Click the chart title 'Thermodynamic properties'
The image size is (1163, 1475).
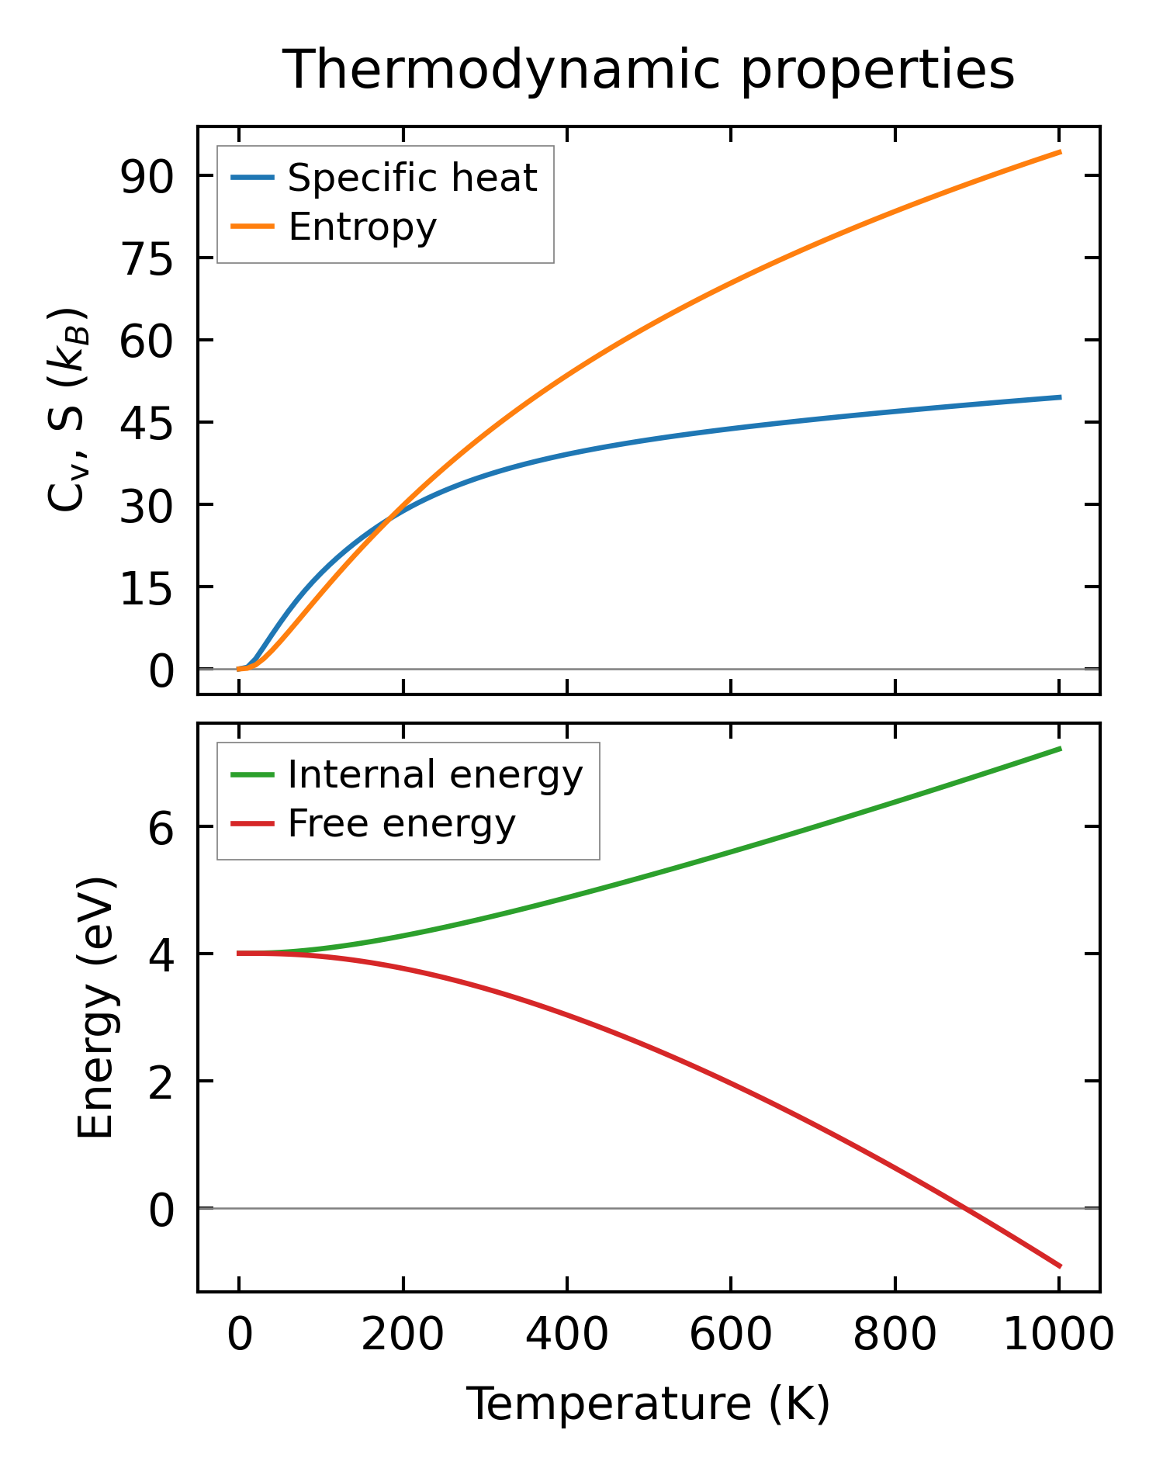point(648,70)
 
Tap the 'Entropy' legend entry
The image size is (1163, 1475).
point(362,227)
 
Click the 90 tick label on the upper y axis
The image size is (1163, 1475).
point(146,177)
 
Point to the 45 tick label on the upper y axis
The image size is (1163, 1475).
point(146,423)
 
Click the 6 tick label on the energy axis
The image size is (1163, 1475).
point(161,827)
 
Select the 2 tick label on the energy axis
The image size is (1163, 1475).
point(161,1081)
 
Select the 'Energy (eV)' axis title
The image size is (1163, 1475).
point(96,1008)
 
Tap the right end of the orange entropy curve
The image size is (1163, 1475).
point(1060,152)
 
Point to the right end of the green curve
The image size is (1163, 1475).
point(1060,749)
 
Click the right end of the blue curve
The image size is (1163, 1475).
point(1060,397)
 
